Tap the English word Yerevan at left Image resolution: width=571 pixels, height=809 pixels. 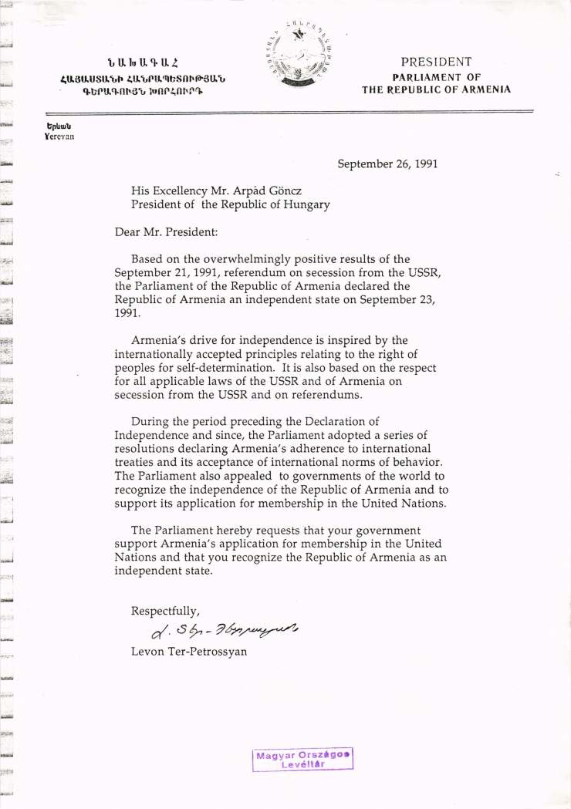pos(61,136)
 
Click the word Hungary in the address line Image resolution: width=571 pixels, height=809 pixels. pos(305,204)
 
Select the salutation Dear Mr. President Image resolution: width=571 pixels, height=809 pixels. pos(166,231)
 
